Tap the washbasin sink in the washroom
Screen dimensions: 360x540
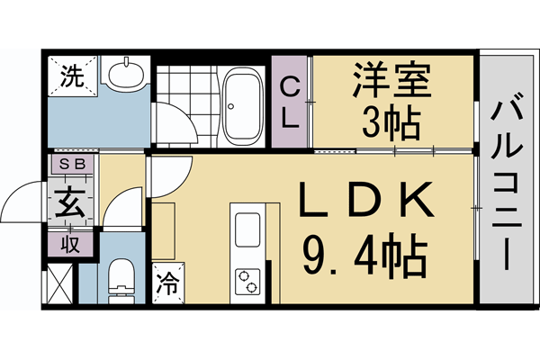click(126, 73)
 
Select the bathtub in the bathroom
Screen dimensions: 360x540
click(241, 104)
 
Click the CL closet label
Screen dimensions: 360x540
click(292, 103)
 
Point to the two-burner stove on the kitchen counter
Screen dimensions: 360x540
click(246, 279)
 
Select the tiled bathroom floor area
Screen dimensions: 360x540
click(186, 106)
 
